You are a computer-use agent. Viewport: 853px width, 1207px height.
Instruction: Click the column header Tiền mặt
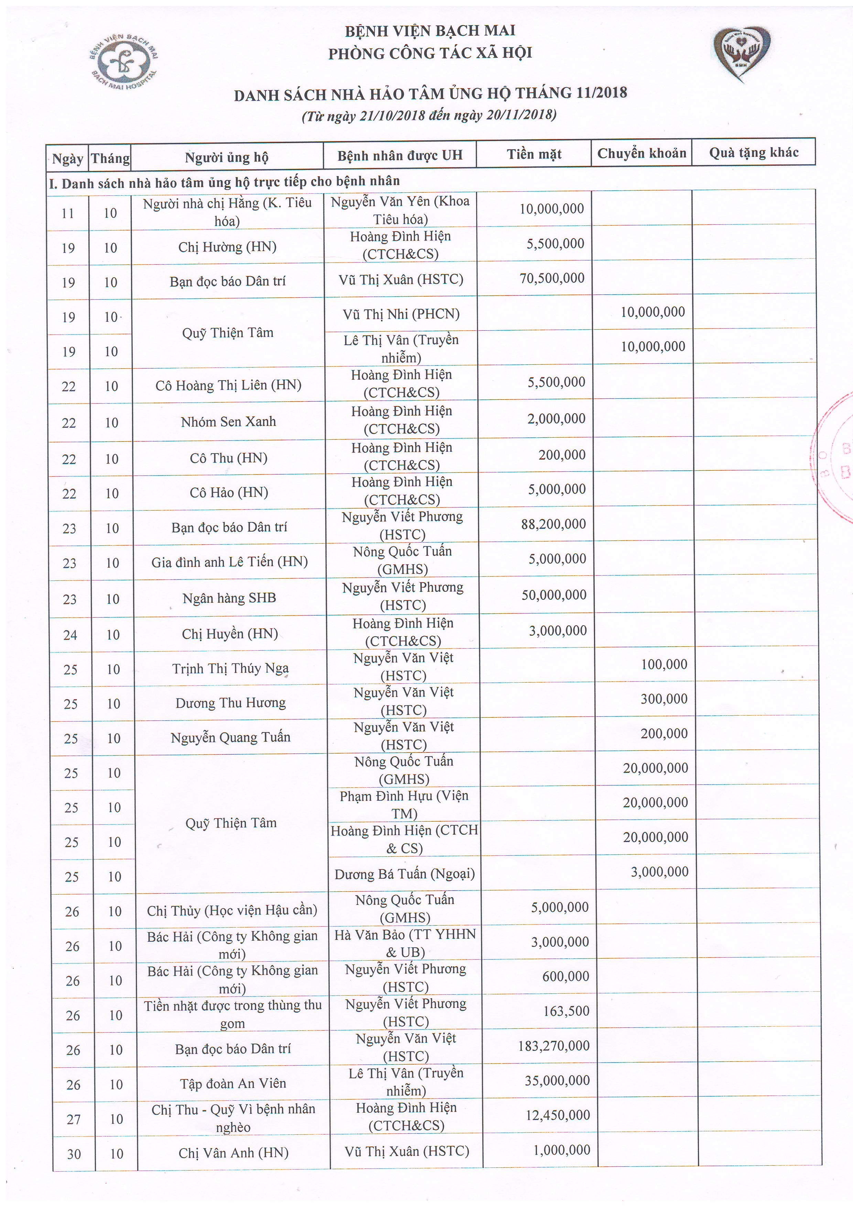tap(534, 154)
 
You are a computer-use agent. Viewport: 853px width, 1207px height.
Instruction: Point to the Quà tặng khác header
tap(753, 152)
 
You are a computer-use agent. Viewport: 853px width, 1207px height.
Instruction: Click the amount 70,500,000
tap(552, 278)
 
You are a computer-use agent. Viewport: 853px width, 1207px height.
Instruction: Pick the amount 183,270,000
tap(554, 1046)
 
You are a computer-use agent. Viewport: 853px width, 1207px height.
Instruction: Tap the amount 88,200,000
tap(553, 524)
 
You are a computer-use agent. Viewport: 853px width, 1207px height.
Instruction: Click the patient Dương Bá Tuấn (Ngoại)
tap(405, 874)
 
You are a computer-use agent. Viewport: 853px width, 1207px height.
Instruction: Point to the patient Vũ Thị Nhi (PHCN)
tap(401, 314)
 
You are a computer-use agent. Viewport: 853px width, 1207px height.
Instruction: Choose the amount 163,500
tap(566, 1011)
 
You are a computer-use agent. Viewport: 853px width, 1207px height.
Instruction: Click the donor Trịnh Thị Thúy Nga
tap(230, 668)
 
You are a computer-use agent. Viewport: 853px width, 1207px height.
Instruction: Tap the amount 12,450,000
tap(558, 1115)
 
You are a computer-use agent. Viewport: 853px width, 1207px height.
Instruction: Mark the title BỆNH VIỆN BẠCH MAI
tap(430, 31)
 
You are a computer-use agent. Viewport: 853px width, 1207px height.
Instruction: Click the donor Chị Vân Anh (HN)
tap(233, 1153)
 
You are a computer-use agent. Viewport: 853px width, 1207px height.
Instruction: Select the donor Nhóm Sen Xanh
tap(228, 421)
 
